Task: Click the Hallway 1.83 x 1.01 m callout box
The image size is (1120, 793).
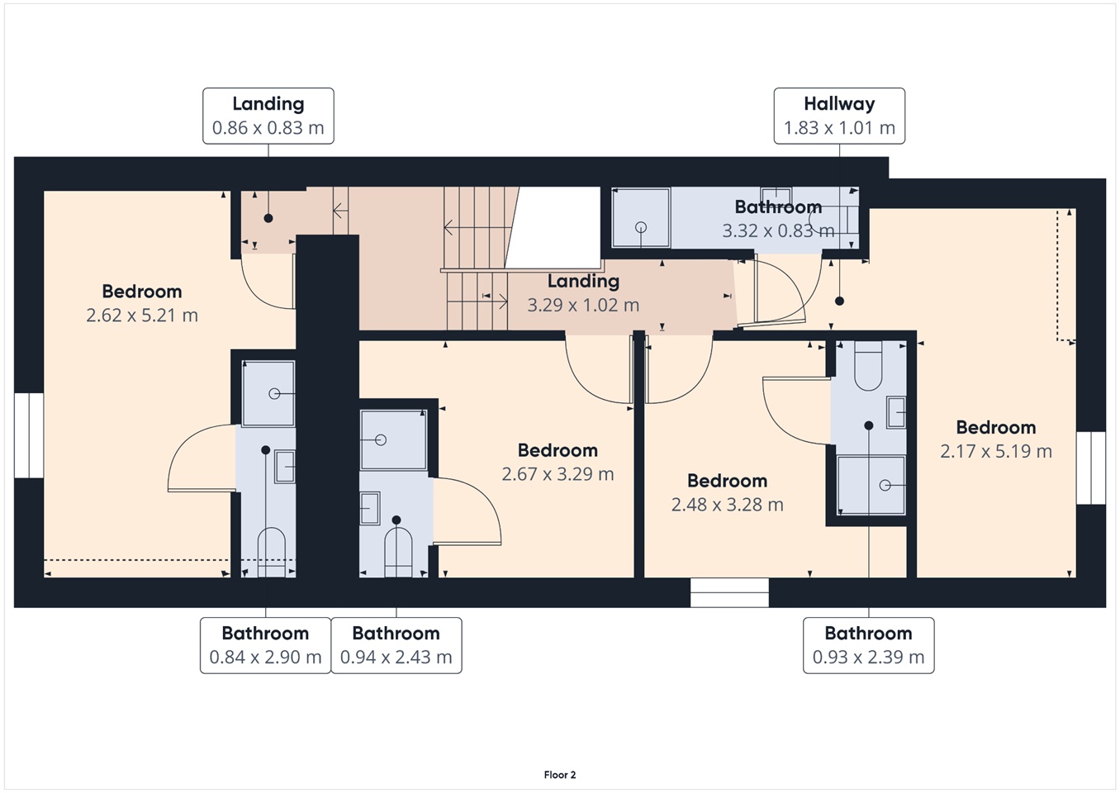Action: pos(839,116)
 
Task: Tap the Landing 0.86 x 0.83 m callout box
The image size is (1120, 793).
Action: pos(268,116)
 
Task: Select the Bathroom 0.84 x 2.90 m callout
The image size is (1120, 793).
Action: pos(265,645)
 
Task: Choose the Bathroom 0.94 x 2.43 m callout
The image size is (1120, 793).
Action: pos(396,645)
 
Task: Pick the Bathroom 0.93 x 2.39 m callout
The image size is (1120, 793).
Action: pos(869,645)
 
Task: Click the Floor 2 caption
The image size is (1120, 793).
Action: pos(560,775)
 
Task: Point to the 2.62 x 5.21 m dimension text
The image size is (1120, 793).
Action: pos(142,316)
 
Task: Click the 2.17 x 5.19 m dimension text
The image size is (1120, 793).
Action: pos(996,452)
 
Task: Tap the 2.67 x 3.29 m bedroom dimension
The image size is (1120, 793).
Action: pos(558,474)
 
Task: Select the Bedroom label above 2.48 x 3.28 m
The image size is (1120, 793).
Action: pos(727,481)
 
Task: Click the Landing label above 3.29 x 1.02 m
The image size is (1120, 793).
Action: pos(583,281)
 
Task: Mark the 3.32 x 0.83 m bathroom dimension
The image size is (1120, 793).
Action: pos(778,230)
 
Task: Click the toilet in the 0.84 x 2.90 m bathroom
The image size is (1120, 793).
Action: pos(272,552)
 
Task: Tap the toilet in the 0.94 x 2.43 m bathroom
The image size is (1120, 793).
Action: pos(398,553)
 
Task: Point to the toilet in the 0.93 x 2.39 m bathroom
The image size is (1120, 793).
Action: pos(868,365)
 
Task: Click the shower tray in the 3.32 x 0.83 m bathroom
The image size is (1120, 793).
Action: pos(640,217)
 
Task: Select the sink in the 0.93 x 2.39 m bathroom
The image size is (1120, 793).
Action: pos(896,412)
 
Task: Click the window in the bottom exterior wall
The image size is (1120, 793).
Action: pos(729,592)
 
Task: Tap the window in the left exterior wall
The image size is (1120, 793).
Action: pos(29,435)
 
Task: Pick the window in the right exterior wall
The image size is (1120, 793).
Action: pos(1091,468)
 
